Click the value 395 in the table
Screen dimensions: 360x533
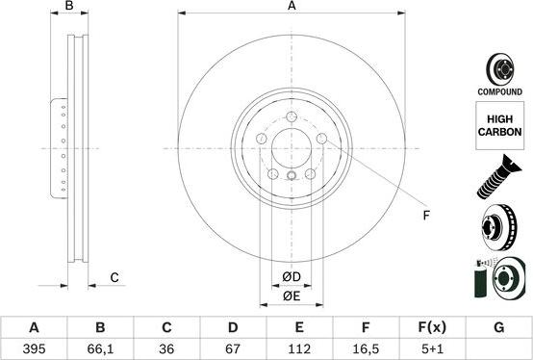tap(35, 347)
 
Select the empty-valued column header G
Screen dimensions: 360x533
tap(498, 327)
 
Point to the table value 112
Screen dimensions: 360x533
tap(300, 347)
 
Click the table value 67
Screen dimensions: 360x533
tap(233, 347)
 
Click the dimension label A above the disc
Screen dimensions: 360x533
tap(292, 7)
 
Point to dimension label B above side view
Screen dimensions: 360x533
tap(68, 8)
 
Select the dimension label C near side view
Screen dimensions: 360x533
tap(114, 278)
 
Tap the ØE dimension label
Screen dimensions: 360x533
tap(292, 297)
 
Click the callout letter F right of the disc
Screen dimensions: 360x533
tap(426, 215)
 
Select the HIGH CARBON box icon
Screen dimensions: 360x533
tap(498, 129)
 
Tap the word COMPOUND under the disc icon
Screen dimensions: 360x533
tap(498, 92)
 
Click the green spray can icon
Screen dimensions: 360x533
tap(480, 282)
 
